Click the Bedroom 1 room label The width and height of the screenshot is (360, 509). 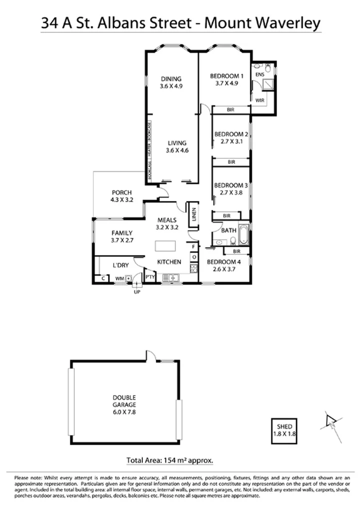[x=226, y=79]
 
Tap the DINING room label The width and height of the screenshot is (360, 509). [x=170, y=82]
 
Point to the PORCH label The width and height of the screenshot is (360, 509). [x=121, y=196]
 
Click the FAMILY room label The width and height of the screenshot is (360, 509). [x=122, y=236]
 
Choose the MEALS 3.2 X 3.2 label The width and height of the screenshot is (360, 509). [x=168, y=223]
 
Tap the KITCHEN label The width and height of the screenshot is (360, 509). [x=169, y=262]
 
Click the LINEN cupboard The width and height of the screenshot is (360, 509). [x=193, y=216]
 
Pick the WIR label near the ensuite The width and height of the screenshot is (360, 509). [x=260, y=100]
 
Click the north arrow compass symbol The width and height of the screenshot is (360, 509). [x=330, y=421]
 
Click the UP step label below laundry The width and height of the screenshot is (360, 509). [x=136, y=292]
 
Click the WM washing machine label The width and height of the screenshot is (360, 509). [x=120, y=278]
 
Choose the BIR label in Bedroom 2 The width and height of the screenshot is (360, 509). [x=231, y=162]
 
